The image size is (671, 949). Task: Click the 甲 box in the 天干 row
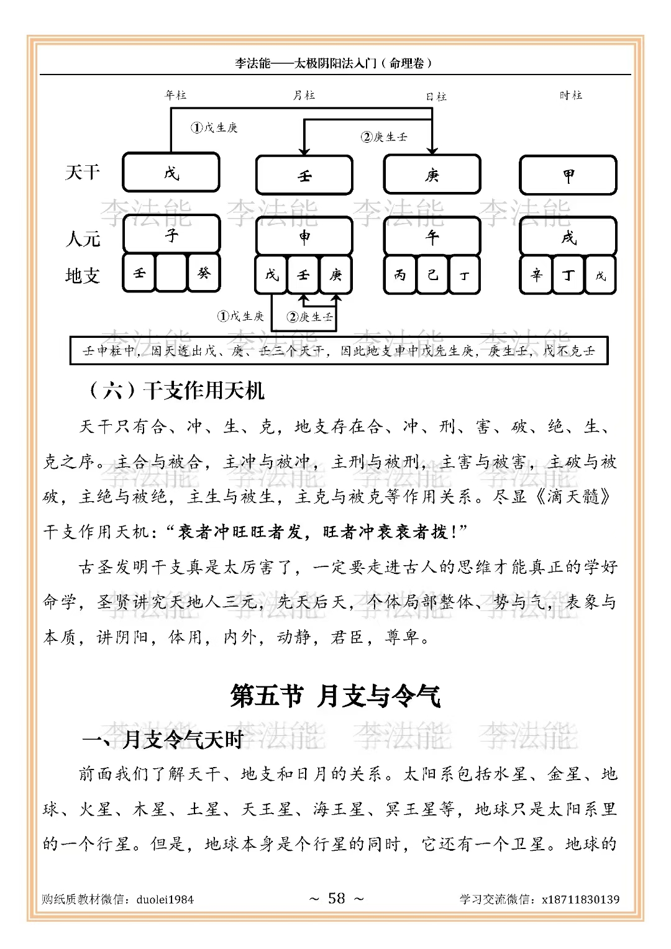tap(568, 175)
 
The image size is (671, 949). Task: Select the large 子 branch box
tap(171, 234)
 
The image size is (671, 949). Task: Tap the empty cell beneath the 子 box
tap(171, 273)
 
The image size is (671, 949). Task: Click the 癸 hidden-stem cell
tap(204, 273)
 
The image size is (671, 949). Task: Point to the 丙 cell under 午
tap(399, 274)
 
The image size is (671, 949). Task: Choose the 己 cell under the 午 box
tap(432, 274)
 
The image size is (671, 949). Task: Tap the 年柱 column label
tap(175, 95)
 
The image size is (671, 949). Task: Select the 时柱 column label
tap(570, 95)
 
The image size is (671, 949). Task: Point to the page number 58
tap(336, 898)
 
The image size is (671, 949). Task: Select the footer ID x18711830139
tap(580, 899)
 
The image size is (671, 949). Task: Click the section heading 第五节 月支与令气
tap(335, 696)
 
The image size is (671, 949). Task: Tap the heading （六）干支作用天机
tap(176, 391)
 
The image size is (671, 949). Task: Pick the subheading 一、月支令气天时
tap(163, 740)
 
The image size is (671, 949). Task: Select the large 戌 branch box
tap(568, 236)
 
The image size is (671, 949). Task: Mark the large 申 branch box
tap(304, 236)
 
